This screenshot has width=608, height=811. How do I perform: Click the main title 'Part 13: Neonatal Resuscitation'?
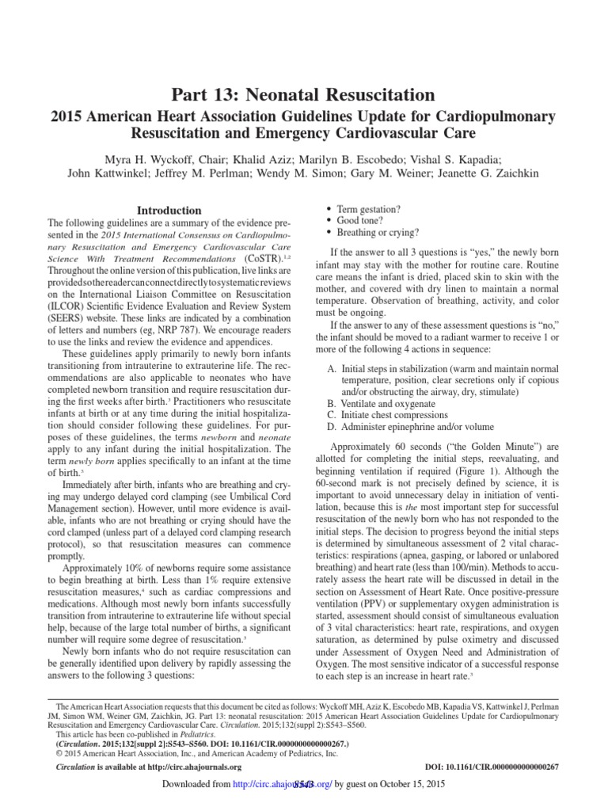click(304, 97)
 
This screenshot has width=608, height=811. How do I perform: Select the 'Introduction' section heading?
click(169, 211)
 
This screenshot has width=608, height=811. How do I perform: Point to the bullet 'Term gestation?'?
click(369, 209)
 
